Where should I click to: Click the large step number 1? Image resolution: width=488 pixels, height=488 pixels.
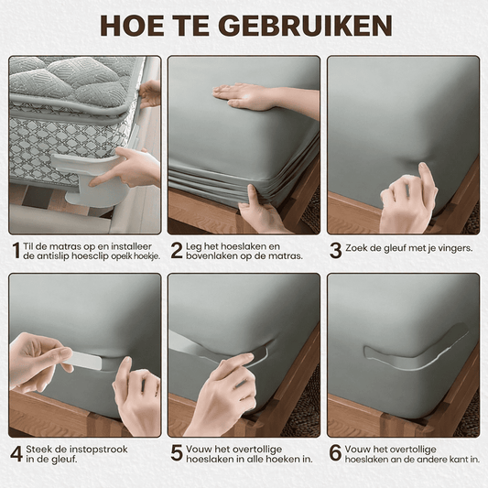16,251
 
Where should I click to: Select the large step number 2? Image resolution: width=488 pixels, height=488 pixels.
176,251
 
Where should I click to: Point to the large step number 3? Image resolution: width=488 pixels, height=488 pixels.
335,251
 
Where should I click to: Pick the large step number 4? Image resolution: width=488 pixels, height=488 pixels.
16,454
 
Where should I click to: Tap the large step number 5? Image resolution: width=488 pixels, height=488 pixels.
176,453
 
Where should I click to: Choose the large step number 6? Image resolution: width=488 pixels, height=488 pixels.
335,453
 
